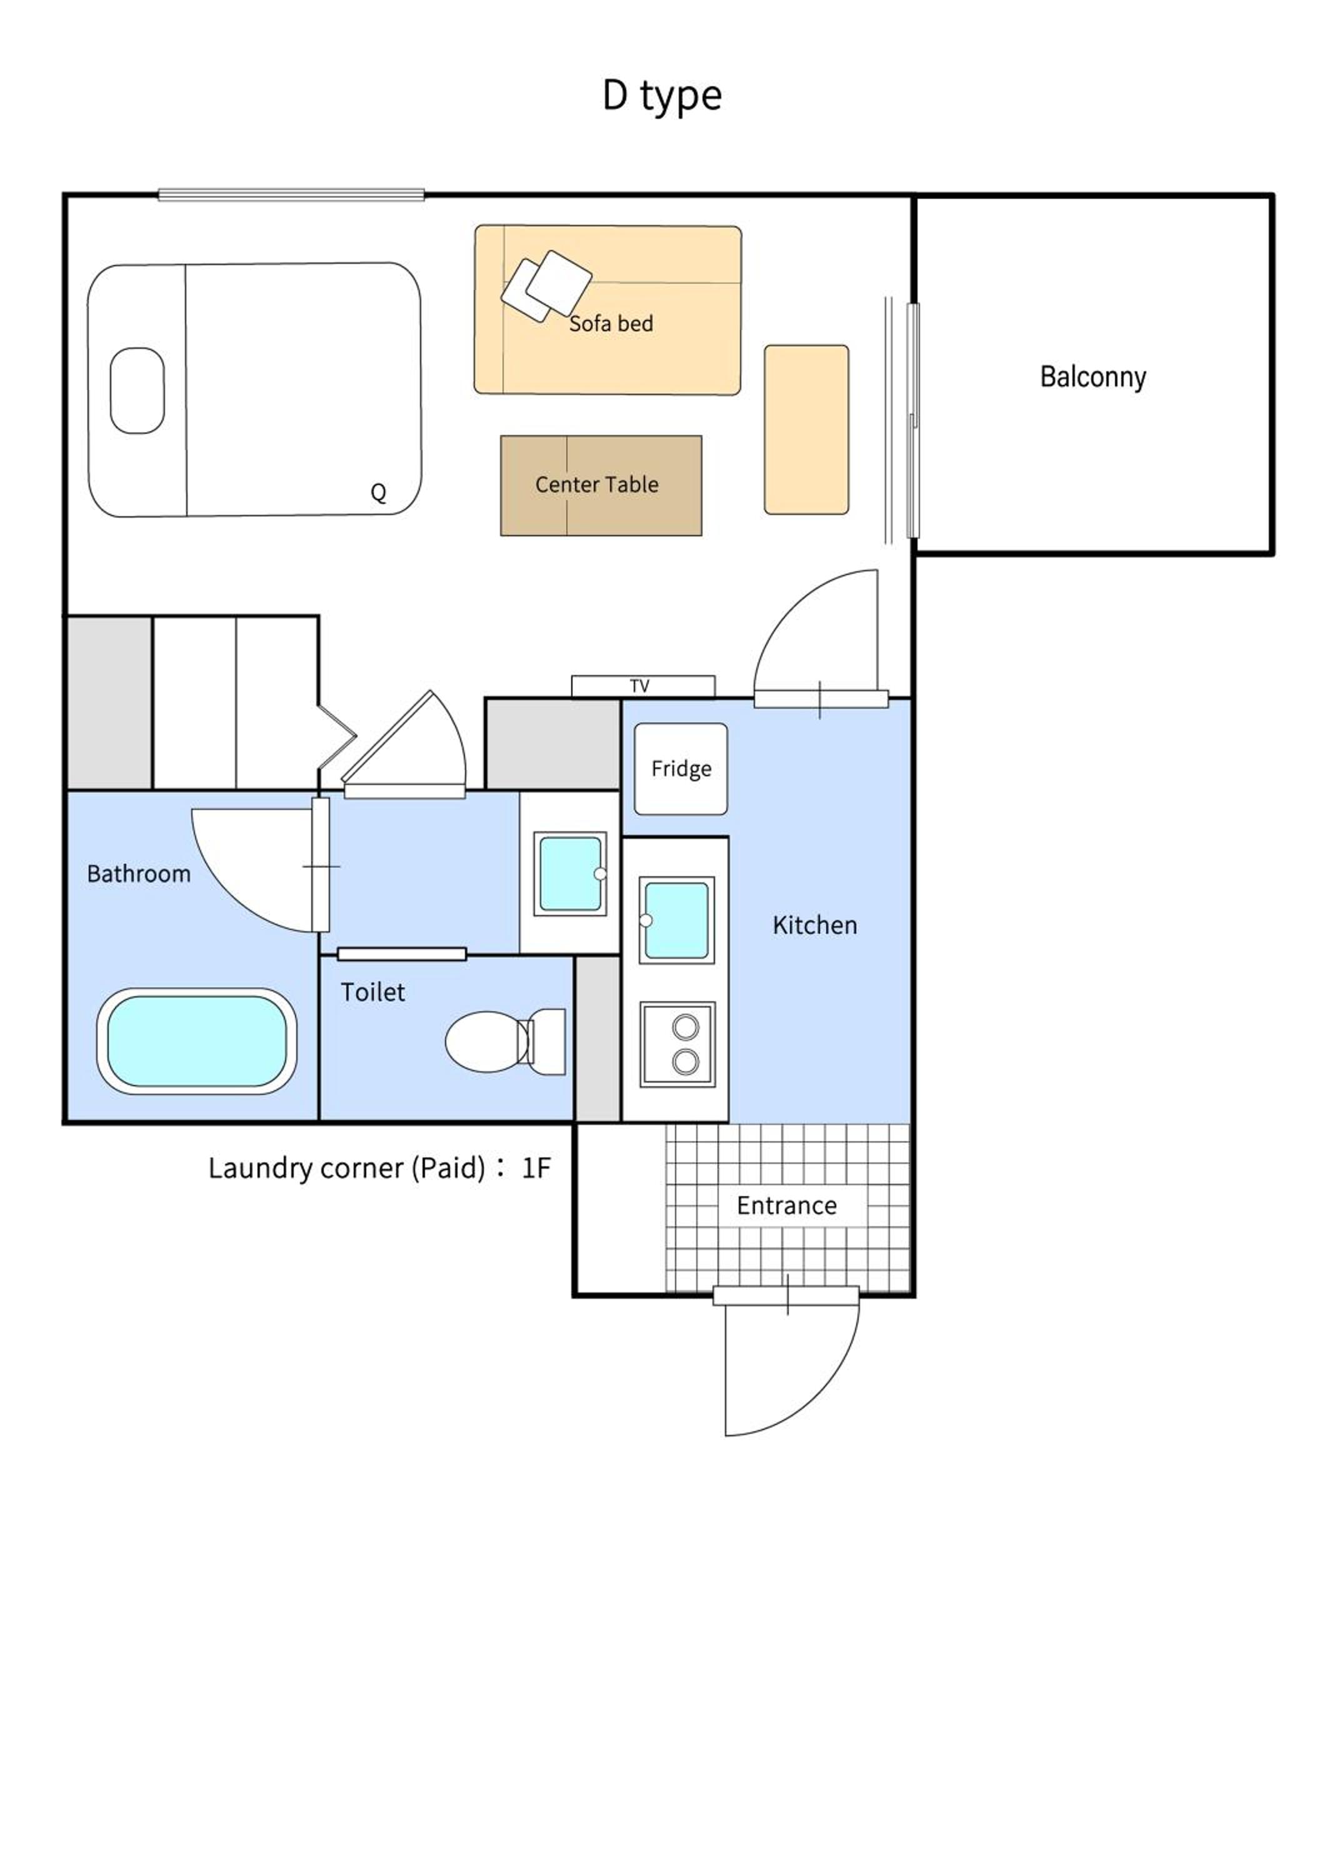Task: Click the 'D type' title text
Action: [662, 96]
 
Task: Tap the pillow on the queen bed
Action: [137, 391]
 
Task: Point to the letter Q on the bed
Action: [378, 492]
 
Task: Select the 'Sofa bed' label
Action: [611, 323]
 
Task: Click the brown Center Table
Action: [601, 485]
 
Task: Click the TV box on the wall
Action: [642, 686]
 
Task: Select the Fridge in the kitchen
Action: [681, 769]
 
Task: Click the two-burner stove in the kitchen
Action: [677, 1044]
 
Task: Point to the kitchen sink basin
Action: [676, 921]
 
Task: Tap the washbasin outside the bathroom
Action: [570, 874]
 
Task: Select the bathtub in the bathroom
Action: [197, 1041]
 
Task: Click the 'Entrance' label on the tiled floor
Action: [786, 1206]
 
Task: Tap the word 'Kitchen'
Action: [815, 925]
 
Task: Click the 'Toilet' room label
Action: [372, 992]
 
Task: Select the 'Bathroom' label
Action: [139, 874]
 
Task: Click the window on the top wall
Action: [291, 195]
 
